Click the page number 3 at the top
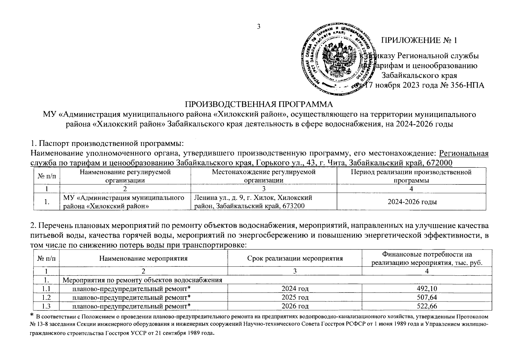(259, 27)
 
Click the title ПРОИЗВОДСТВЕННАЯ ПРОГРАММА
(259, 104)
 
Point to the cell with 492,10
(427, 289)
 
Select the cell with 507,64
(427, 297)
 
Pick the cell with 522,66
(427, 306)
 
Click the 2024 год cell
(295, 289)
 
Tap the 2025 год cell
(295, 297)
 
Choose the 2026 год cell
(295, 306)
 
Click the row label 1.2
(46, 297)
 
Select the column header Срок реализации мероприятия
(295, 258)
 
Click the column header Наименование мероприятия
(143, 258)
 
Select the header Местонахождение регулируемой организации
(264, 176)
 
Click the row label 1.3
(46, 306)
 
